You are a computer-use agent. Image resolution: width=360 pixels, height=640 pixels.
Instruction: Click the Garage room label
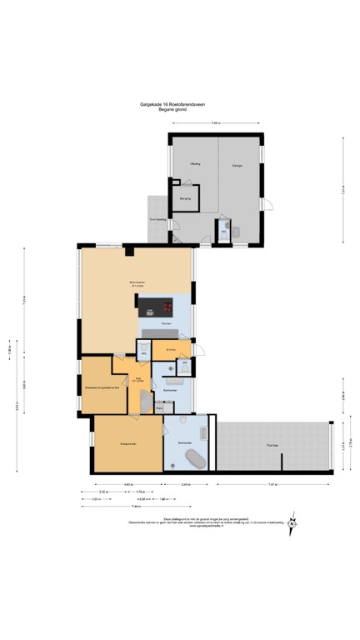(237, 165)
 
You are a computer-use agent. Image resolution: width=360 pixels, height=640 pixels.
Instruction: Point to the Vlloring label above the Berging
(195, 164)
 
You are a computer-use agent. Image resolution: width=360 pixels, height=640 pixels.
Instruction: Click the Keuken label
(167, 322)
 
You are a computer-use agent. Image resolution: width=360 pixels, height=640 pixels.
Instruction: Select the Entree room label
(170, 349)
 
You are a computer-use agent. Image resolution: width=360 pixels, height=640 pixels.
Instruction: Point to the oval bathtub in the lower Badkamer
(195, 458)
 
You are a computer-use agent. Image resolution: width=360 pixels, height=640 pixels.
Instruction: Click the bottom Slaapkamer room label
(127, 443)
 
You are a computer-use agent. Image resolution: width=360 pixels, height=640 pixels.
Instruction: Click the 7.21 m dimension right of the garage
(343, 190)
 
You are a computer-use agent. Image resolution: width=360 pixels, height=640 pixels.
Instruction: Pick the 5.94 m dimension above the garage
(215, 123)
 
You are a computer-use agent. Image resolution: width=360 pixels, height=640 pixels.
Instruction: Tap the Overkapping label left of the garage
(157, 219)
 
